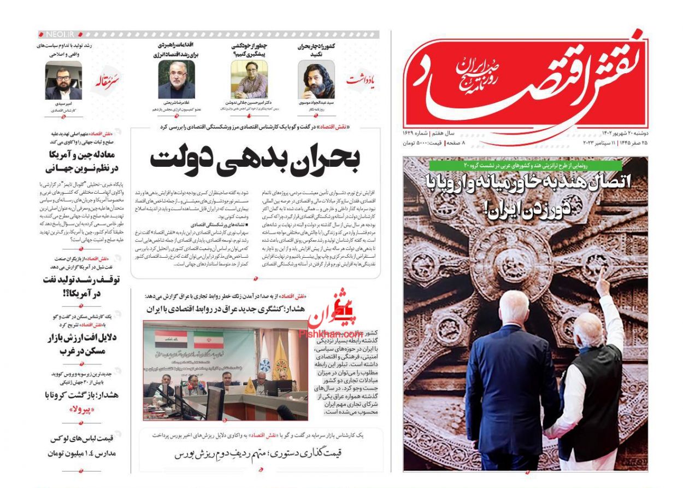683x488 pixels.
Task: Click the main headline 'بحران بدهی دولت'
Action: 255,159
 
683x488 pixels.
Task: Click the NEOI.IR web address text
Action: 60,34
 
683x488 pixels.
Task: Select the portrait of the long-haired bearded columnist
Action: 316,79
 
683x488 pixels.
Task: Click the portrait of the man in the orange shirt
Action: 249,79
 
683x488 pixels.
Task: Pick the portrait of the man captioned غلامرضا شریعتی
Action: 176,79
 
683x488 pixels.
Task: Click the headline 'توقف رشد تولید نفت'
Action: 81,286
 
